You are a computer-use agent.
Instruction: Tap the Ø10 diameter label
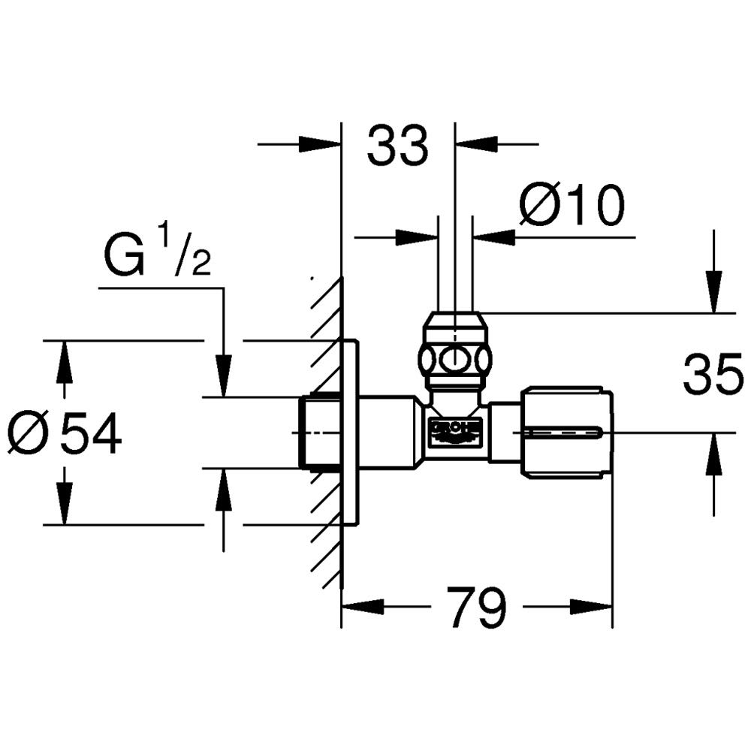(572, 206)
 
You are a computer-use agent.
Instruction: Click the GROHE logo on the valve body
(454, 430)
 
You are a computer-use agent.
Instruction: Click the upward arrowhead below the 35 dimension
(714, 451)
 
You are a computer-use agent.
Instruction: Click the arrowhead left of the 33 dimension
(321, 143)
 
